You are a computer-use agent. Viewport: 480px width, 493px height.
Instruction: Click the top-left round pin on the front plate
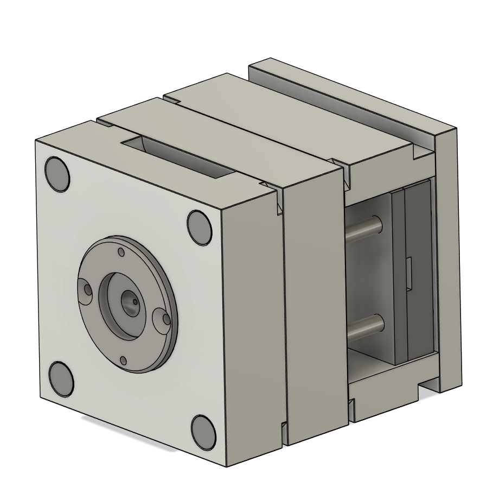click(x=57, y=174)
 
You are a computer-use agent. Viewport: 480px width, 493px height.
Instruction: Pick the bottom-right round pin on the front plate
click(x=203, y=432)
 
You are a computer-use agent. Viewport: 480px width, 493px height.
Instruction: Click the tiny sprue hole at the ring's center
click(x=129, y=298)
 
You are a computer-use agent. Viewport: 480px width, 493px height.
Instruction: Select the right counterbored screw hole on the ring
click(x=162, y=320)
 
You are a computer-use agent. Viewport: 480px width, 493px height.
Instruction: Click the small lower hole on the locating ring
click(x=124, y=360)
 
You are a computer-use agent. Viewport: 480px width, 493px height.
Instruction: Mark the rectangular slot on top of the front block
click(x=179, y=158)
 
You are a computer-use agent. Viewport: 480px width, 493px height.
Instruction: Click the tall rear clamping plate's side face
click(x=450, y=261)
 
